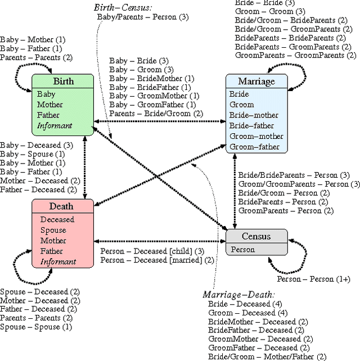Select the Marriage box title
tap(256, 82)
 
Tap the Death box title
tap(61, 206)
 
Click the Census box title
tap(256, 236)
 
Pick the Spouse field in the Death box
tap(53, 230)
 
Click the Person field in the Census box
tap(242, 249)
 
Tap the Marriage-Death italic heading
tap(238, 294)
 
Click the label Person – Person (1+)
tap(313, 279)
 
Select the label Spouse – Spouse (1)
tap(36, 327)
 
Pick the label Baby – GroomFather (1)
tap(152, 104)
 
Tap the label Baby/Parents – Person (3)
tap(143, 17)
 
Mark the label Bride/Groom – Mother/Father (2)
tap(267, 357)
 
